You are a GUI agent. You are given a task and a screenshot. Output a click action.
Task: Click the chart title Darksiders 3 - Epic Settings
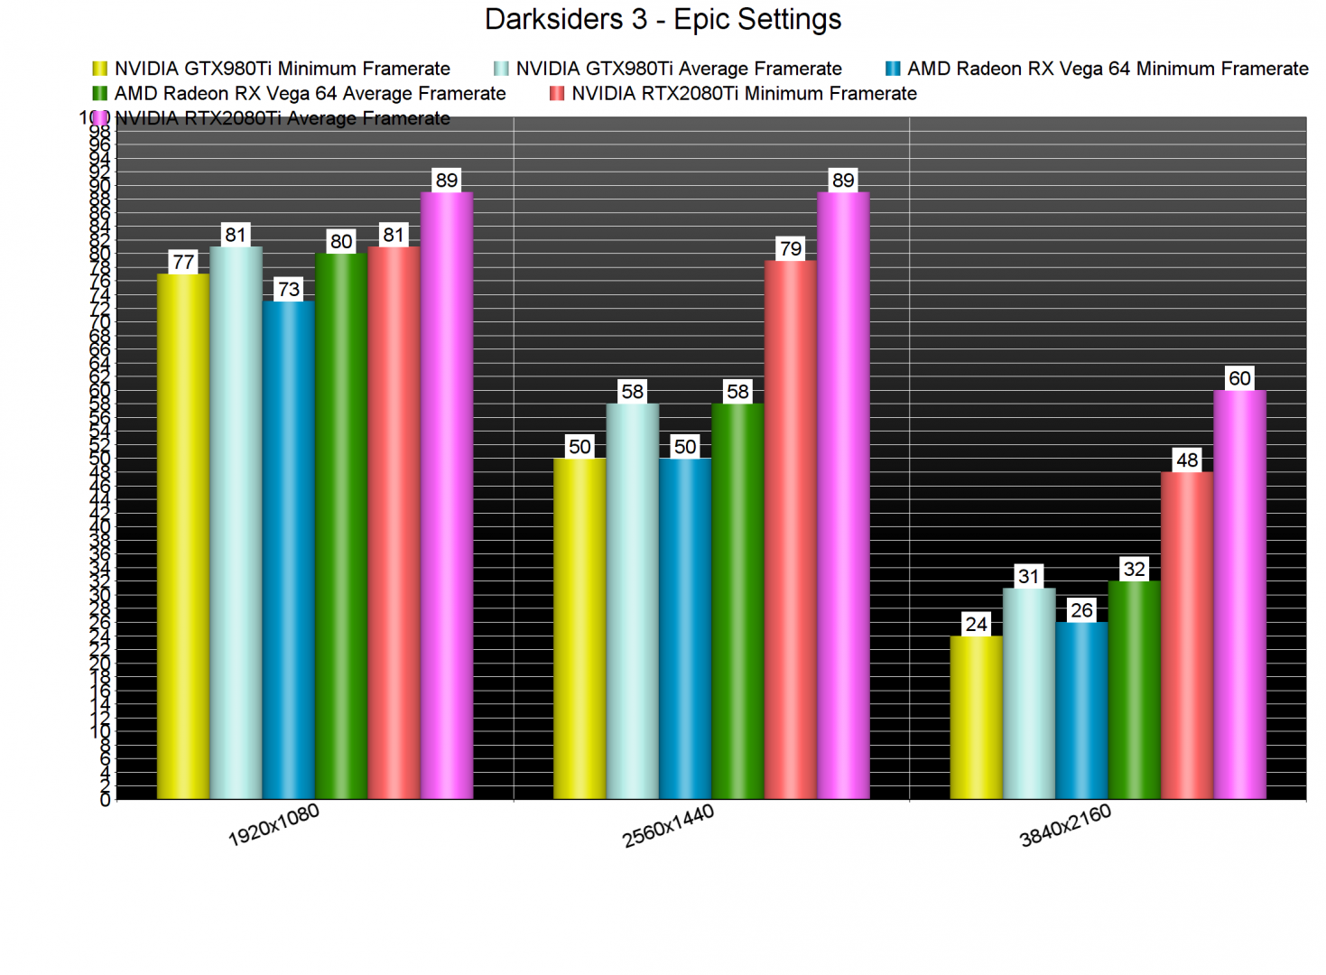coord(663,19)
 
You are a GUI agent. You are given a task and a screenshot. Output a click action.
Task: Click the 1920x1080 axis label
coord(274,825)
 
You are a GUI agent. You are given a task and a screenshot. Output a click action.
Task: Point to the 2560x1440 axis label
coord(668,825)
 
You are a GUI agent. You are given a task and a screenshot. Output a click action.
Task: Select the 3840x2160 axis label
coord(1065,825)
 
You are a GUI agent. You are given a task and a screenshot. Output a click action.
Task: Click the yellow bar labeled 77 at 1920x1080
coord(183,536)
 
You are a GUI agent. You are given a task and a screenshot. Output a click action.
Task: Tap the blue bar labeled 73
coord(289,550)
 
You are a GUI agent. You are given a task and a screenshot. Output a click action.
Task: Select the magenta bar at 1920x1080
coord(447,496)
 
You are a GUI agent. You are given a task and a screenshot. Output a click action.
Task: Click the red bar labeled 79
coord(791,530)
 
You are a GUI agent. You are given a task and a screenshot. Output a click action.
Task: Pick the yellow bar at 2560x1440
coord(580,628)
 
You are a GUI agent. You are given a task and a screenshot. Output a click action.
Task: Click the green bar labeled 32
coord(1134,690)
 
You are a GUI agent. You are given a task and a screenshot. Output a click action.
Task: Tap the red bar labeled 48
coord(1187,636)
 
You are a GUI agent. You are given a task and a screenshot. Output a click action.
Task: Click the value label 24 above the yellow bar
coord(976,624)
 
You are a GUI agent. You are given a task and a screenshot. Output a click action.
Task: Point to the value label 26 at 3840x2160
coord(1081,610)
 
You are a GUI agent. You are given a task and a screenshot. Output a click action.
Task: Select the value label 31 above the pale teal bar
coord(1029,576)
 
